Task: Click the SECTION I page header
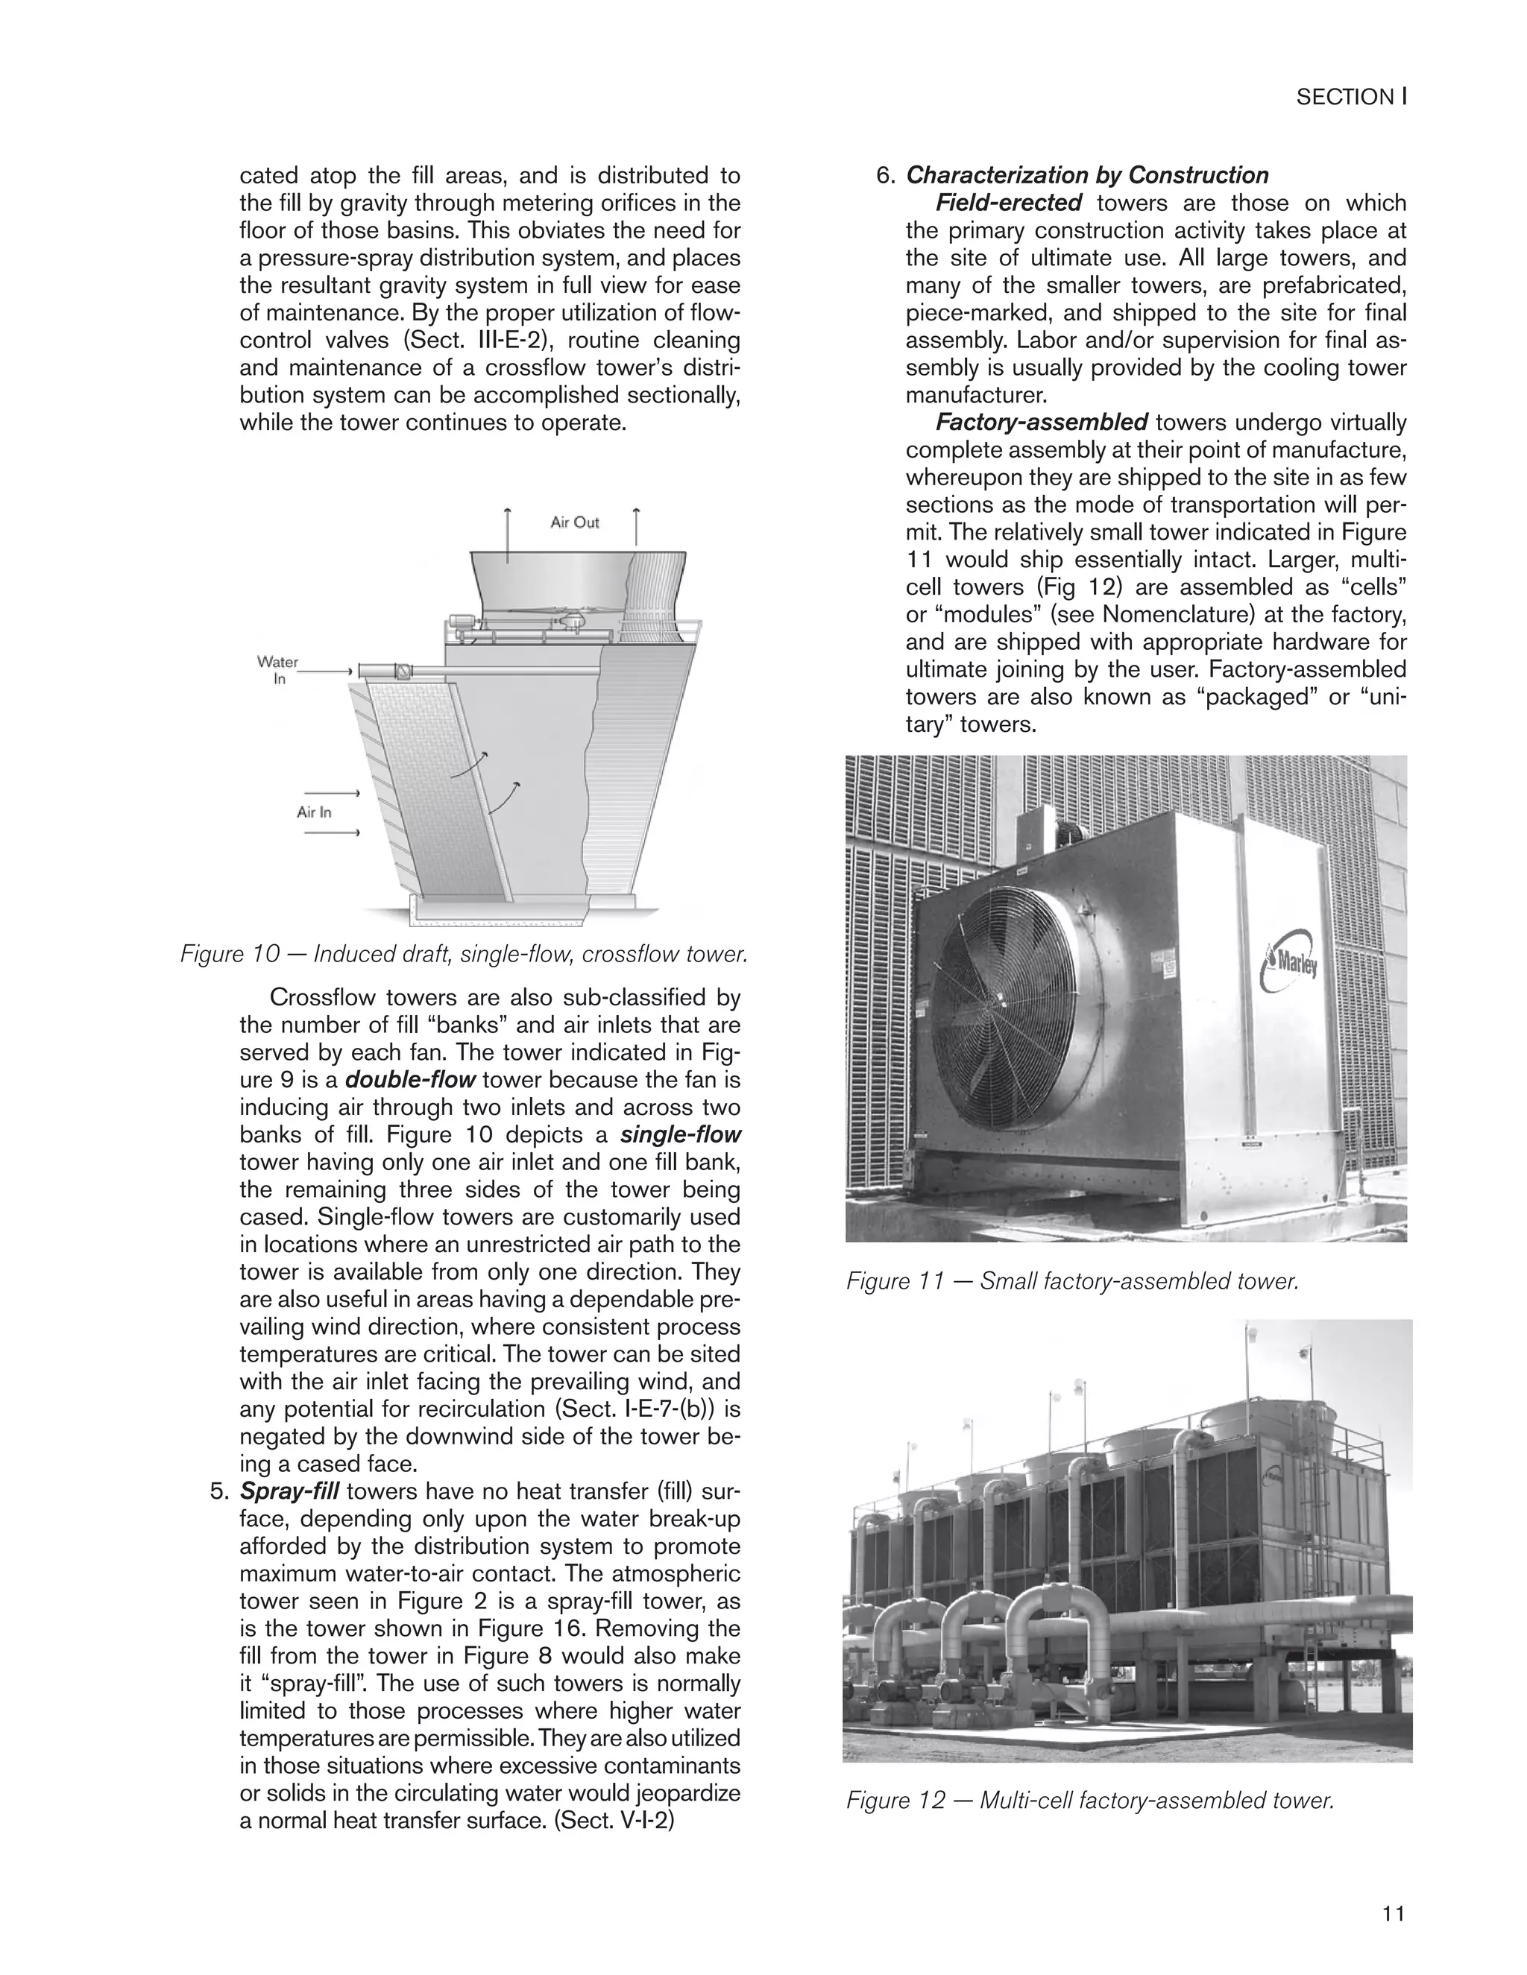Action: coord(1350,97)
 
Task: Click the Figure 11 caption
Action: coord(1072,1280)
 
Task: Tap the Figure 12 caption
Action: coord(1090,1801)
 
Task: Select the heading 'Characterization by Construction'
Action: coord(1087,175)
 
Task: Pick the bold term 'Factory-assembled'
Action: coord(1041,423)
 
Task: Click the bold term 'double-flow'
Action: coord(411,1080)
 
